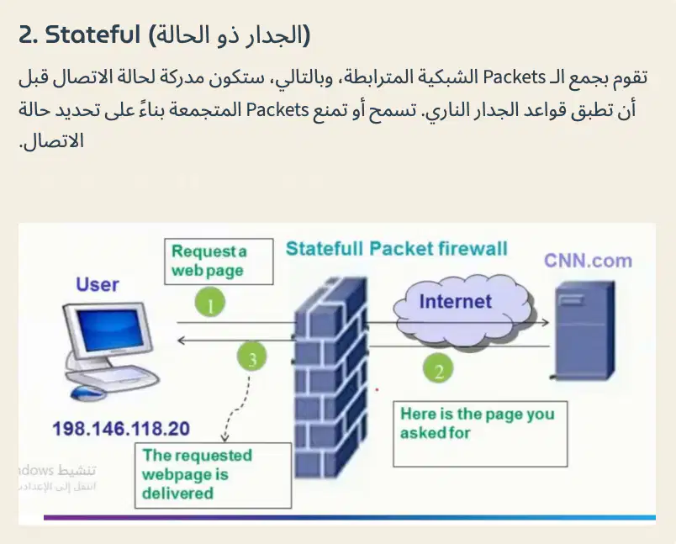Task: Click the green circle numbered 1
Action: (x=210, y=302)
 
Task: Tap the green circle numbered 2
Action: (x=438, y=369)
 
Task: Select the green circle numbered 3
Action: (x=251, y=357)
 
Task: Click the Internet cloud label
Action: (x=455, y=301)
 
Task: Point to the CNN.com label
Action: (x=588, y=261)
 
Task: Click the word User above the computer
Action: (x=97, y=284)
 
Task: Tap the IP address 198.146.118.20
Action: (x=121, y=429)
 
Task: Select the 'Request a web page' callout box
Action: (x=219, y=261)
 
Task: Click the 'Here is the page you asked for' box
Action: (x=480, y=434)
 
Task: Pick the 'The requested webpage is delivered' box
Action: (x=213, y=475)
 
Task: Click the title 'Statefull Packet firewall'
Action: (x=397, y=249)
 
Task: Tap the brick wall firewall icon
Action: (x=331, y=378)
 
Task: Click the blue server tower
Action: (x=584, y=330)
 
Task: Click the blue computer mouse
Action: (x=87, y=393)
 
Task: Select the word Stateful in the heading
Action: (x=92, y=34)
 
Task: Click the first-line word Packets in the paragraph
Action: (x=515, y=77)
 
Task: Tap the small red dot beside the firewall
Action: (x=377, y=390)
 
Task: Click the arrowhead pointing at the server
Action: (x=546, y=322)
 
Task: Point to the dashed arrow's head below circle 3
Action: (x=224, y=438)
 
